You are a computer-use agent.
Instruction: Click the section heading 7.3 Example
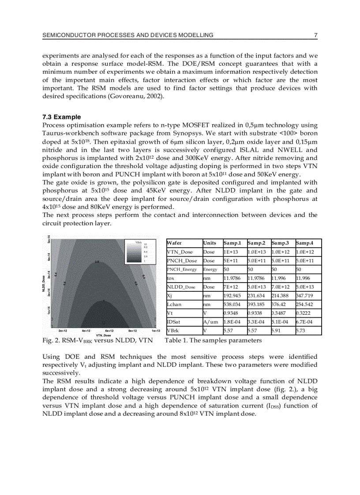(61, 117)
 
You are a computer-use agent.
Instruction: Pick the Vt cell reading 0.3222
(304, 313)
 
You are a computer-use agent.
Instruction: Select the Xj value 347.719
(305, 295)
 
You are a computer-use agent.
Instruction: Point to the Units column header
(210, 243)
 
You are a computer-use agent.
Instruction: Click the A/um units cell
(210, 322)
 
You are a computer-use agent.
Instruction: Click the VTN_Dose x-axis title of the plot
(103, 335)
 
